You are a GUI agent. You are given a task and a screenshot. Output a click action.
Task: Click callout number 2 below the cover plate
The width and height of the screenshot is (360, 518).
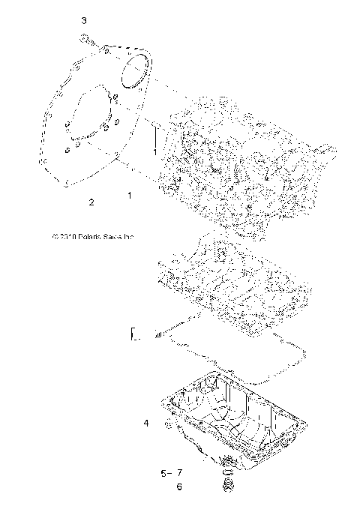pyautogui.click(x=91, y=202)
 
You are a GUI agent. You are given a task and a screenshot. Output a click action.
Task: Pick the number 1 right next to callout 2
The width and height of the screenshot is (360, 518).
pyautogui.click(x=130, y=195)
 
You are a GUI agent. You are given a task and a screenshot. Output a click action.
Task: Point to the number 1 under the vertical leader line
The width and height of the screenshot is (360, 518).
pyautogui.click(x=154, y=152)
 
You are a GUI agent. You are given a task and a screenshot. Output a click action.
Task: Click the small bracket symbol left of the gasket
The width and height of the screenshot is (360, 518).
pyautogui.click(x=134, y=335)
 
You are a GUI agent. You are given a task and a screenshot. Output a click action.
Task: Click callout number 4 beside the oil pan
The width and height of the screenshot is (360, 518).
pyautogui.click(x=147, y=424)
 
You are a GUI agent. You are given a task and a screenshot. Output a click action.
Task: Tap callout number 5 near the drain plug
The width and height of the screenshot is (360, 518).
pyautogui.click(x=163, y=473)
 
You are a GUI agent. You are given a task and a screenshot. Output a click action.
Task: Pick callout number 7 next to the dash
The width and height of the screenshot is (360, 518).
pyautogui.click(x=180, y=473)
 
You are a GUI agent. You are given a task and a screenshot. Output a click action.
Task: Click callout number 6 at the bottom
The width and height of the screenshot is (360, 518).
pyautogui.click(x=178, y=487)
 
